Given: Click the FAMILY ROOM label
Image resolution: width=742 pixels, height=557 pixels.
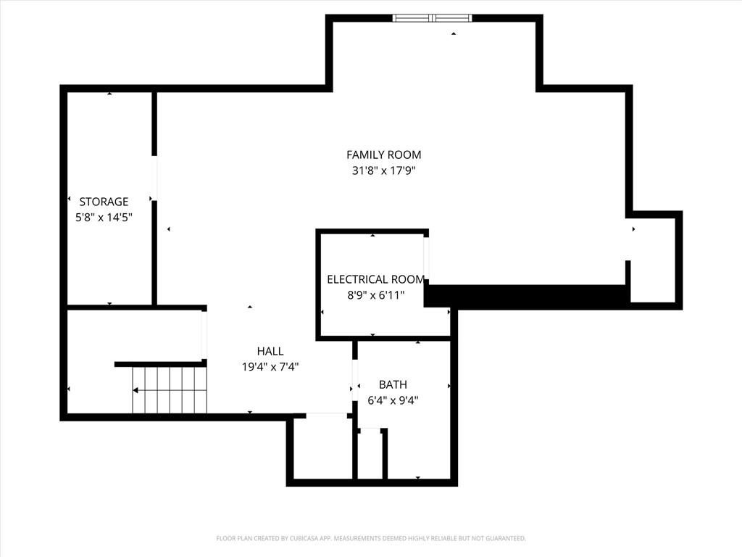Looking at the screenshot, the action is (384, 155).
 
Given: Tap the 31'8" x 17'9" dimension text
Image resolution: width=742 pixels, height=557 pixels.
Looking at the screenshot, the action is (384, 170).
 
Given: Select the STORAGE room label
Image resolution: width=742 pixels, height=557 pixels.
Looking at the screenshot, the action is (104, 202).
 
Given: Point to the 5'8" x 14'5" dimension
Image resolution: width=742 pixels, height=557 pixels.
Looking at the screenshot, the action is (104, 218).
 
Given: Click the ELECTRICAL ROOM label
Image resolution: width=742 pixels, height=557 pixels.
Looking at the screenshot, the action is (375, 279).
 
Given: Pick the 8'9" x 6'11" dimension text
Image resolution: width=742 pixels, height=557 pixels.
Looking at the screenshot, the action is (376, 295).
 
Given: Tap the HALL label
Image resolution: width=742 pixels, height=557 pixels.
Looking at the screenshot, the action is (270, 351).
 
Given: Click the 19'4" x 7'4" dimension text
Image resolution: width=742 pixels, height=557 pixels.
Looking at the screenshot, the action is (270, 366).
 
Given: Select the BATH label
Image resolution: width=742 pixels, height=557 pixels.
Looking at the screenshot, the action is (393, 384).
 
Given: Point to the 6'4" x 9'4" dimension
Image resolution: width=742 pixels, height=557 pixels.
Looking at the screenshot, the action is (393, 400).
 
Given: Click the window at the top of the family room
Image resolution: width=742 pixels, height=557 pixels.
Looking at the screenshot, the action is (432, 18).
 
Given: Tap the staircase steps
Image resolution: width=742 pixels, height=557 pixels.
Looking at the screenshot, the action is (170, 389).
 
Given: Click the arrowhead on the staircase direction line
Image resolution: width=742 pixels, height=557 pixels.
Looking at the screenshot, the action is (136, 390).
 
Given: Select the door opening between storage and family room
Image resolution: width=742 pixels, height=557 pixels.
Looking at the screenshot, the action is (154, 178).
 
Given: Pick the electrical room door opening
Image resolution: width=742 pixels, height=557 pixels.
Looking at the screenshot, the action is (426, 258).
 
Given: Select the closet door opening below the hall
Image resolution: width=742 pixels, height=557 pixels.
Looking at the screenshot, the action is (327, 416).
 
